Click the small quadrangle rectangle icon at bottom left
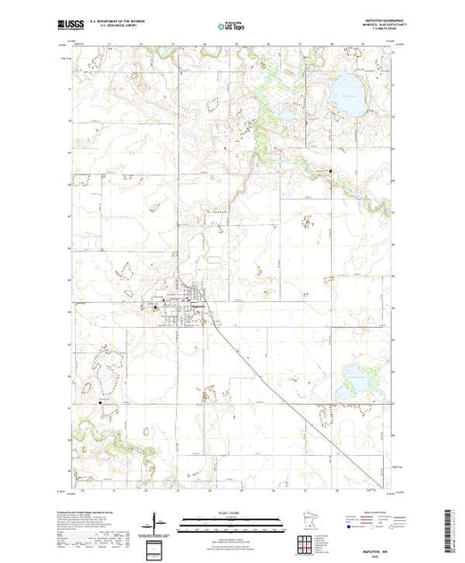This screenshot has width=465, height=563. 154,546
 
